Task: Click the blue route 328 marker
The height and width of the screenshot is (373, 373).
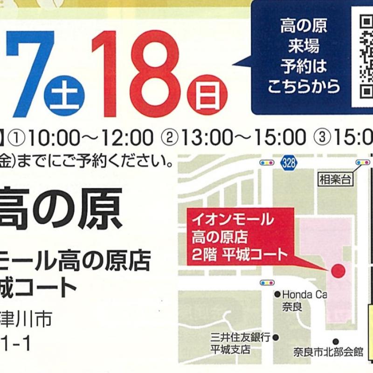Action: [289, 163]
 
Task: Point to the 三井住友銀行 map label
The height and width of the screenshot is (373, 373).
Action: [241, 338]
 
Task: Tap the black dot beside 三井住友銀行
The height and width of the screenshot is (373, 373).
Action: [276, 337]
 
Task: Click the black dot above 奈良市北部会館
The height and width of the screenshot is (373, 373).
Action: [335, 341]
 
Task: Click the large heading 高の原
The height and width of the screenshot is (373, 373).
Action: [61, 209]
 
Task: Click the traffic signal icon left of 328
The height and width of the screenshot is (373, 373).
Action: [266, 163]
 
